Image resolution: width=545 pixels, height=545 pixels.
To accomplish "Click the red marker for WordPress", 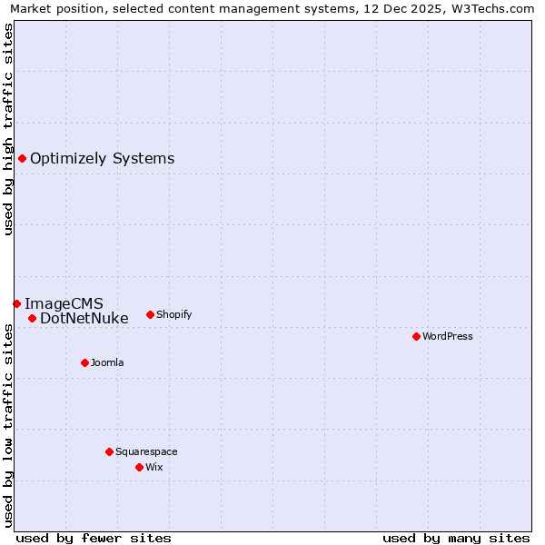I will (x=416, y=336).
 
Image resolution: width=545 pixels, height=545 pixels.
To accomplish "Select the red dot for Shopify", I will (x=150, y=314).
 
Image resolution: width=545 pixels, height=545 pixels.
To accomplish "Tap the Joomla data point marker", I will (x=84, y=362).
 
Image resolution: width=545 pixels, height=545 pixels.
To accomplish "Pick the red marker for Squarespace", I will (x=109, y=451).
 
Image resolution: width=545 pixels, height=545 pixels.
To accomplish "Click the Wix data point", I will (x=139, y=467).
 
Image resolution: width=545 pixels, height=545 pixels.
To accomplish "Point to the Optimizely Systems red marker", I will (x=22, y=158).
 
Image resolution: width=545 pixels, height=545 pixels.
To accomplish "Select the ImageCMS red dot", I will (x=16, y=303).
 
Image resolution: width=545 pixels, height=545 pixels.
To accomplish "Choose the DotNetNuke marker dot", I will (x=32, y=318).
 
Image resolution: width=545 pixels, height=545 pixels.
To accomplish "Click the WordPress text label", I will (x=448, y=336).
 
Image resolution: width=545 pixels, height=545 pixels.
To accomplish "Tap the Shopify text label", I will (x=173, y=314).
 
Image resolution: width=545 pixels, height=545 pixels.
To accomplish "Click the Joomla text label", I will (x=107, y=362).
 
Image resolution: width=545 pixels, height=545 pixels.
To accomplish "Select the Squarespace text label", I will (x=146, y=451).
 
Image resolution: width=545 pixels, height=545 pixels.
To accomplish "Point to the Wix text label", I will (x=154, y=467).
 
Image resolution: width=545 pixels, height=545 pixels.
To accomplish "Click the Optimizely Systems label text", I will (x=102, y=159).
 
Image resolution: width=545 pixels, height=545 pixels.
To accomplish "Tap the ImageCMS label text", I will (x=64, y=303).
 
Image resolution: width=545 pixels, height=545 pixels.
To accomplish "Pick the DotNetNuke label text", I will (x=84, y=318).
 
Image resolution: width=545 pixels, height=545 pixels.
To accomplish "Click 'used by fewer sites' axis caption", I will (x=94, y=538).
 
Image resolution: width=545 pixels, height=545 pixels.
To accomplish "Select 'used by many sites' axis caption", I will (x=456, y=538).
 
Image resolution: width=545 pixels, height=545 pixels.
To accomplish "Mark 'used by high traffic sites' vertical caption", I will (x=8, y=130).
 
